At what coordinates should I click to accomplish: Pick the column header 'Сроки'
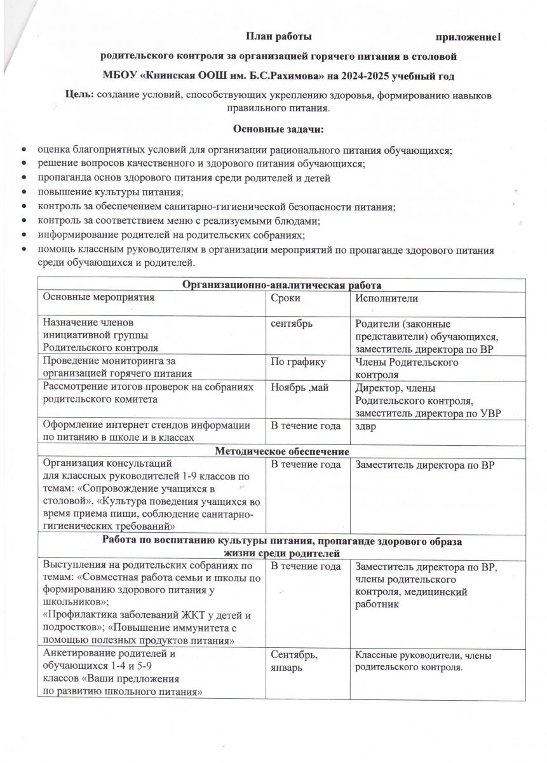(286, 298)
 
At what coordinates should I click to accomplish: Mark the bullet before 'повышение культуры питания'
(24, 192)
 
